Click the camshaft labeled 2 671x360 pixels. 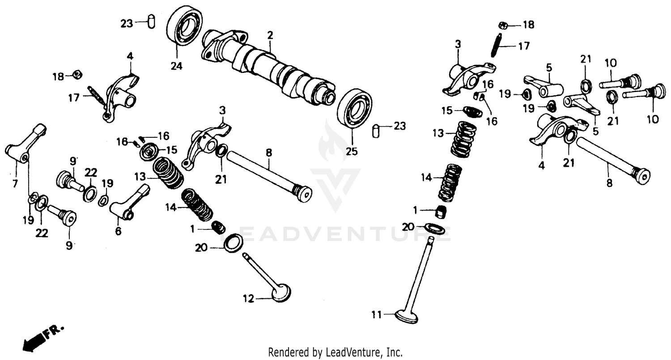tap(268, 67)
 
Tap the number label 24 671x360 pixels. tap(176, 66)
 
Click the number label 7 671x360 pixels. tap(15, 183)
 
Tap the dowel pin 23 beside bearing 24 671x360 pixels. tap(151, 22)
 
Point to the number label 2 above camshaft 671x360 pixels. tap(270, 35)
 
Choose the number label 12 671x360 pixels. tap(249, 298)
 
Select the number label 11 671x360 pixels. tap(377, 315)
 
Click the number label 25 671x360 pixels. tap(352, 151)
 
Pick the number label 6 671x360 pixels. tap(118, 231)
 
